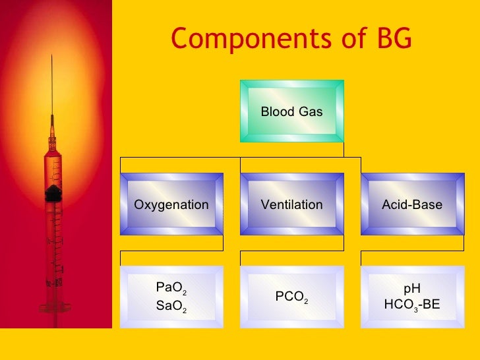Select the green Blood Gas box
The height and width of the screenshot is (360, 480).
coord(291,111)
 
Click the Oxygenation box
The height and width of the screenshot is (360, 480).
coord(171,204)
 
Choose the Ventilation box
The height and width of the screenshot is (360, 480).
coord(291,204)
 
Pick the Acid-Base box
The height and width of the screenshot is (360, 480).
coord(412,204)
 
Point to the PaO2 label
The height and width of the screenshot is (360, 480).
coord(171,287)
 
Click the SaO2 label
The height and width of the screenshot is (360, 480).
coord(171,305)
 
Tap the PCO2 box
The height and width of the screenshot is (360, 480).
coord(291,297)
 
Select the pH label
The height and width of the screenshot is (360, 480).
coord(411,288)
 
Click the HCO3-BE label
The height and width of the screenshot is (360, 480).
coord(411,305)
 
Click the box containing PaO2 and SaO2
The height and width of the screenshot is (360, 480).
coord(171,297)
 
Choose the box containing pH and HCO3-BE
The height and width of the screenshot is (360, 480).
coord(412,297)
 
